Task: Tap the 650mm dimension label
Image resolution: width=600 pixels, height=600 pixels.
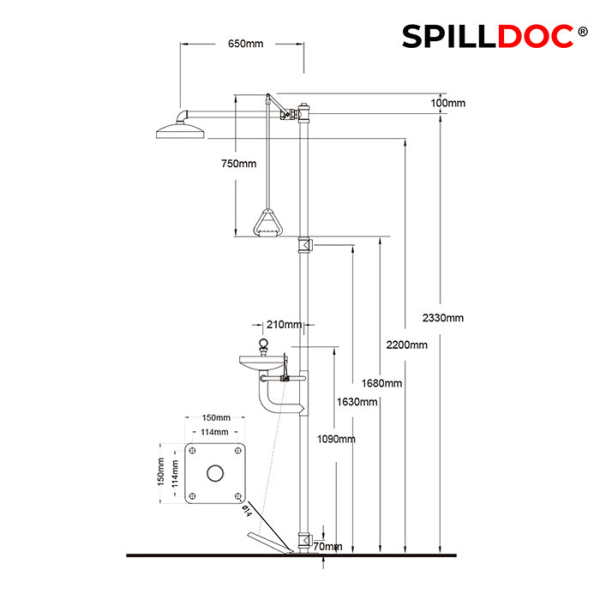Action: tap(246, 44)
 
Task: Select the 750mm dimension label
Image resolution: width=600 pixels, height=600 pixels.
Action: tap(239, 164)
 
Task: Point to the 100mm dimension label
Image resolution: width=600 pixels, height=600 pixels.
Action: tap(448, 103)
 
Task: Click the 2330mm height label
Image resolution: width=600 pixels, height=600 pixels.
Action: tap(443, 318)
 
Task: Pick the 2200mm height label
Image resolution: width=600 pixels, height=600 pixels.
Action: tap(407, 345)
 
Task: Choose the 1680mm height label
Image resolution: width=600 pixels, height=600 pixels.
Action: tap(382, 382)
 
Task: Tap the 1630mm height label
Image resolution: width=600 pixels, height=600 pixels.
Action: tap(357, 402)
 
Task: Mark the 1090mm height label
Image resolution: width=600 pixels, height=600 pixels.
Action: tap(336, 439)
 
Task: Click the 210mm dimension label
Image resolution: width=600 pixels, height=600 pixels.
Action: tap(284, 325)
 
